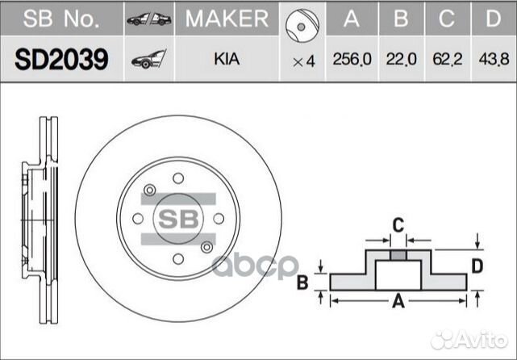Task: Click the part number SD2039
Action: pos(61,59)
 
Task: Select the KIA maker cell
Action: pos(227,59)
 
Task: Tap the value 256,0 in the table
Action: pos(351,60)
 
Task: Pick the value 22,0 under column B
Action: pos(400,60)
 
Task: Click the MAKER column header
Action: pos(227,19)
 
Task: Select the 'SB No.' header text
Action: pos(61,19)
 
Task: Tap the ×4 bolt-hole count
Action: pos(302,60)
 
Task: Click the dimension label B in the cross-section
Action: pos(302,283)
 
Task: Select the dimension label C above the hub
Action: pos(398,225)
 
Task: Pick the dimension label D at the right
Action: pos(477,266)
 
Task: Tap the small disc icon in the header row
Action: pos(303,19)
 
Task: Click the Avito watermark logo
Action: pos(471,339)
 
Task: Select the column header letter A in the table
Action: pos(351,19)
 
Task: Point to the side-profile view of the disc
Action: pos(41,219)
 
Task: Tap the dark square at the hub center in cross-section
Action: pos(397,255)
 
